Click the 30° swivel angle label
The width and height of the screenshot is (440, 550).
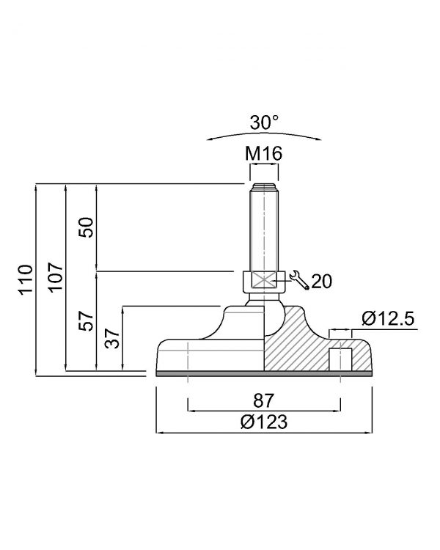tap(265, 122)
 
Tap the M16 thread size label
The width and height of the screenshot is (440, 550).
tap(263, 153)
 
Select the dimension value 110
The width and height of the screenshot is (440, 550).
tap(26, 279)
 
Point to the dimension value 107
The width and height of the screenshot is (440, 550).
tap(56, 277)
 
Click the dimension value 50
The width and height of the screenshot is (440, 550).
tap(86, 227)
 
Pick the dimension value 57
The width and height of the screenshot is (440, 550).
tap(86, 320)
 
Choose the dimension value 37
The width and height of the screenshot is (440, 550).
tap(112, 338)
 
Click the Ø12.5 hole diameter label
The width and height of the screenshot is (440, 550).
tap(388, 318)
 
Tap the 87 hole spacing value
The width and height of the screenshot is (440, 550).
tap(263, 400)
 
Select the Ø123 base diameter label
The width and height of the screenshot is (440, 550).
tap(264, 421)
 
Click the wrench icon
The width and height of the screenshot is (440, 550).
tap(299, 279)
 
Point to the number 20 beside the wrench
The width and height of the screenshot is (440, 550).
tap(321, 282)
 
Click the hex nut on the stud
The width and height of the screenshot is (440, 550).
tap(264, 282)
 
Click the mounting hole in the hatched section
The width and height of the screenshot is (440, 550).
tap(340, 359)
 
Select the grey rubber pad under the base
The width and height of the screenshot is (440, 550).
tap(264, 373)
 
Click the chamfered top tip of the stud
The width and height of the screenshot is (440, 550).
tap(264, 186)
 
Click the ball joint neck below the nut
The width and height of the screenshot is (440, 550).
tap(264, 299)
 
